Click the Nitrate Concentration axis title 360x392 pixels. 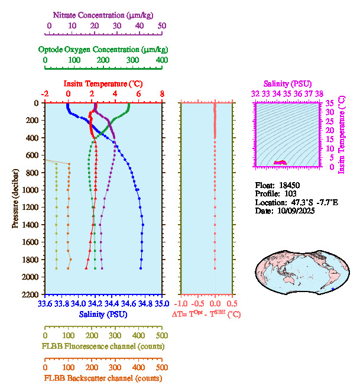tap(105, 14)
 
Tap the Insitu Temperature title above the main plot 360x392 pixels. tap(103, 83)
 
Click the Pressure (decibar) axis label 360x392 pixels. tap(15, 199)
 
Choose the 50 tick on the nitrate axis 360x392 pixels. tap(162, 26)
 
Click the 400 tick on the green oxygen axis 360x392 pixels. tap(162, 60)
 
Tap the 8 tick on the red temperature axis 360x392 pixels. tap(162, 94)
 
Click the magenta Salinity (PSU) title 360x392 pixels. tap(287, 84)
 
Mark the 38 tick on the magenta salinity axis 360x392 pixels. tap(319, 93)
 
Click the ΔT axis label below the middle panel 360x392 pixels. tap(206, 315)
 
